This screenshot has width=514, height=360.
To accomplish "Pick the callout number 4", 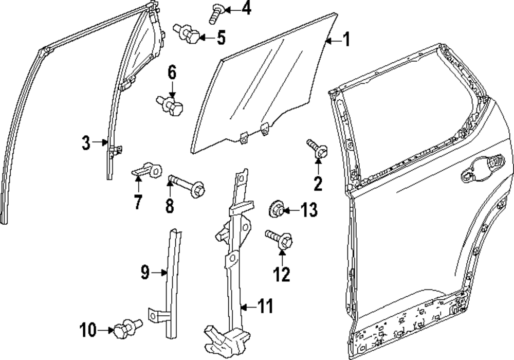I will [x=247, y=9].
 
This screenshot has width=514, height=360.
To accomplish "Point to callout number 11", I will [x=265, y=308].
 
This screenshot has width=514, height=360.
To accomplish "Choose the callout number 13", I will [x=309, y=210].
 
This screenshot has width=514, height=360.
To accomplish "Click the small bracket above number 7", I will [x=147, y=169].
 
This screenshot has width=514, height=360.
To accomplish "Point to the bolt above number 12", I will [x=279, y=239].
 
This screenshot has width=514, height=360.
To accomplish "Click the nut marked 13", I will [x=277, y=209].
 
